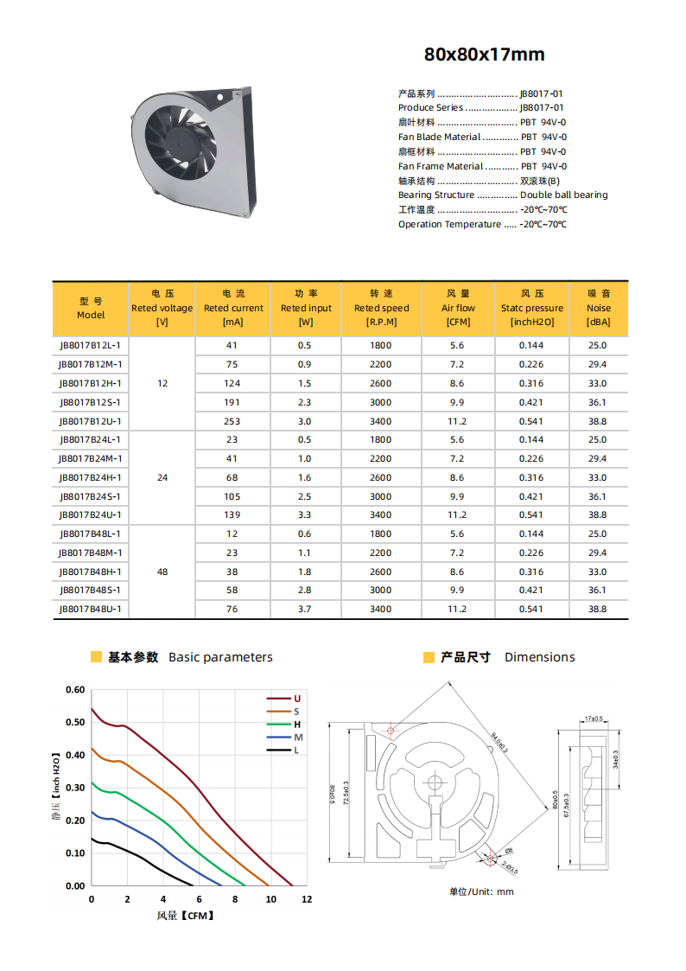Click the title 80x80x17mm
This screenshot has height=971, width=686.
(x=484, y=55)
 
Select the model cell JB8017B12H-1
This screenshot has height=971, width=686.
(x=91, y=383)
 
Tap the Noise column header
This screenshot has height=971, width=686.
(x=598, y=308)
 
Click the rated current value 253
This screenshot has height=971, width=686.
(x=232, y=421)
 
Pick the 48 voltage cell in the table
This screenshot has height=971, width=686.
(x=162, y=572)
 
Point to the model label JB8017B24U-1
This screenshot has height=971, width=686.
(x=91, y=515)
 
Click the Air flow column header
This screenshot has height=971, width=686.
(x=458, y=308)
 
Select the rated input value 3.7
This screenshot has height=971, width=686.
(x=305, y=609)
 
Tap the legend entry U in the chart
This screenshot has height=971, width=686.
(x=296, y=698)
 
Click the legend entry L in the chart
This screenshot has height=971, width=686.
(x=296, y=751)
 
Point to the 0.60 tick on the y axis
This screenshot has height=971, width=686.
(x=75, y=690)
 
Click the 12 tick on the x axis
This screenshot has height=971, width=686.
(x=307, y=899)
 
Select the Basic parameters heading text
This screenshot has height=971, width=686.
(x=220, y=657)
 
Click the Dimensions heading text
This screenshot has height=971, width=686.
(x=539, y=657)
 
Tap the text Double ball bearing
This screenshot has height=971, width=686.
(x=563, y=195)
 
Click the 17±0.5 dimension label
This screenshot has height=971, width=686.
(x=594, y=719)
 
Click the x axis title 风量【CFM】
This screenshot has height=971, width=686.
(x=185, y=915)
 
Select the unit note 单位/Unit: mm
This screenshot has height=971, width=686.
(x=481, y=891)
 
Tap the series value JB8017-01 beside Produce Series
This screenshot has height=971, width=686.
(x=542, y=108)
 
